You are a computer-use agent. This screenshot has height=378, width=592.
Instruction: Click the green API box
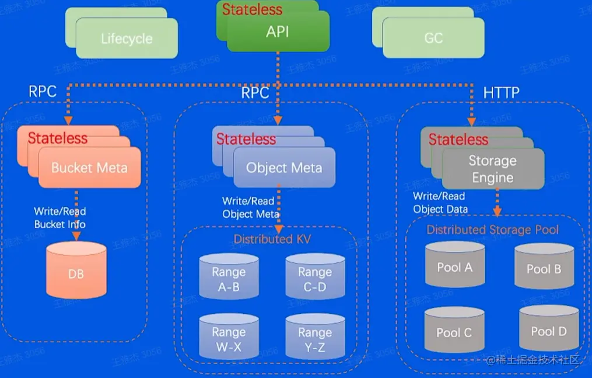point(278,32)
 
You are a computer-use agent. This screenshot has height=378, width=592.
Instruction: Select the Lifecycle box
point(127,39)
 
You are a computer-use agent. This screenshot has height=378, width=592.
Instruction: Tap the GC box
point(433,39)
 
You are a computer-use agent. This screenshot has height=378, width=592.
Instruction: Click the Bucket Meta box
point(89,168)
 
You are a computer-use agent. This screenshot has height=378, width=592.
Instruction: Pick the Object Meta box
point(284,168)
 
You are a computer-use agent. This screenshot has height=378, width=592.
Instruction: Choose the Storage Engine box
point(493,169)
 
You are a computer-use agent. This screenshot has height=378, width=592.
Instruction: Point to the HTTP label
point(501,93)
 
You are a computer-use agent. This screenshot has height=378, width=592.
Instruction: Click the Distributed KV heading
point(272,239)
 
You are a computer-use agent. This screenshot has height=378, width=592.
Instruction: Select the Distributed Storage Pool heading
point(492,230)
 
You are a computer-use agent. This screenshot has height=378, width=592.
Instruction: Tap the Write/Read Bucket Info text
point(59,217)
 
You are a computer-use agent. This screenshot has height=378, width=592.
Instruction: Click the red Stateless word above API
point(252,9)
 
